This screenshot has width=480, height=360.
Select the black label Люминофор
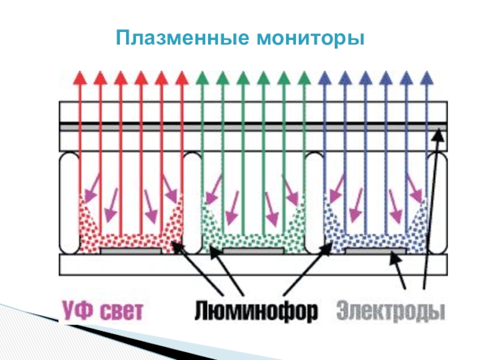256,311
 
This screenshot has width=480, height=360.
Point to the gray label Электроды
391,311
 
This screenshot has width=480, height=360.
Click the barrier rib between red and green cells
192,203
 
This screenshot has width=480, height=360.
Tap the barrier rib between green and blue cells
314,203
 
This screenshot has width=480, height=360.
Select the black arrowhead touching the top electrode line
439,133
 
